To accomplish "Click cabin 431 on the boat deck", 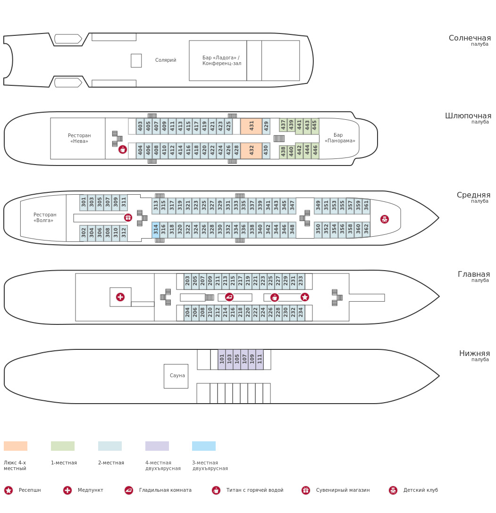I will pos(251,126).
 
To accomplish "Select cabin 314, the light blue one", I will pos(156,230).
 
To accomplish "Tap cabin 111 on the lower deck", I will pos(260,359).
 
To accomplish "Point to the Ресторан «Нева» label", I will pos(79,138).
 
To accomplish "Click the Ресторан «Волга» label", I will pos(45,217).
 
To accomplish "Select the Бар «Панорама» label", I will pos(339,138).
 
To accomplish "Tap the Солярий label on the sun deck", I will pos(166,60).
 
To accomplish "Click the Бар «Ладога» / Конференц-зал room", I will pos(221,60).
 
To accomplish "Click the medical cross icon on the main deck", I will pos(120,297).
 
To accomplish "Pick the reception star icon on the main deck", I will pos(305,297).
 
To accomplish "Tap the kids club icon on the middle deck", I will pos(385,219).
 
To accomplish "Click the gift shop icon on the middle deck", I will pos(128,217).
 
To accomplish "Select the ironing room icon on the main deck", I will pos(229,297).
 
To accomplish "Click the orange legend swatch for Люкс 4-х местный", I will pos(16,446).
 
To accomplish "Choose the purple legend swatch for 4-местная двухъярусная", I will pos(157,446).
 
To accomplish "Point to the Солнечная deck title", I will pos(469,38).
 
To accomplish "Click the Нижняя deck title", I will pos(474,354).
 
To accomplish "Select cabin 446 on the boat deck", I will pos(315,150).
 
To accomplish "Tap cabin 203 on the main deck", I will pos(188,281).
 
